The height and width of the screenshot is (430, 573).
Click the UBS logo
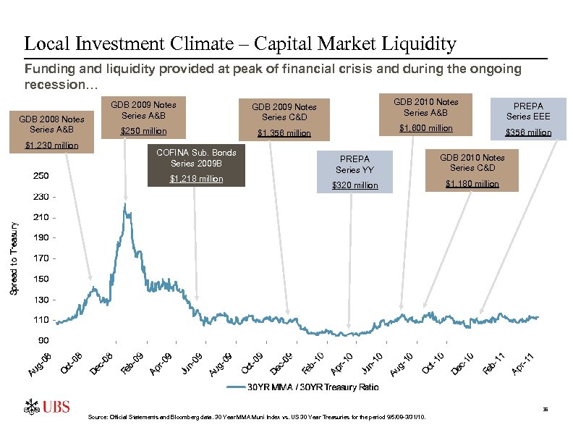48,407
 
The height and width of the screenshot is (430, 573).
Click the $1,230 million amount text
51,146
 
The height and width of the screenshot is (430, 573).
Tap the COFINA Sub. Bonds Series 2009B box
196,165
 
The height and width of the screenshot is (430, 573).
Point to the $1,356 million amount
284,133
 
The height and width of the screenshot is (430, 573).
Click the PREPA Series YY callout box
355,172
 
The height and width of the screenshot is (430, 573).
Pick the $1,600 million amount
426,128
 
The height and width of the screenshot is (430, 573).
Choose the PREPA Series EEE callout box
528,119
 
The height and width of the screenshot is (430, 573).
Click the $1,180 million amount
472,184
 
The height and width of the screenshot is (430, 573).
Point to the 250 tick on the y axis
41,176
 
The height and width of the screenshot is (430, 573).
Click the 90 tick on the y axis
44,340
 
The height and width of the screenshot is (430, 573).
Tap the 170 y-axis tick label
41,258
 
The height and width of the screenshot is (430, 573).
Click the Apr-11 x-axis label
524,363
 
